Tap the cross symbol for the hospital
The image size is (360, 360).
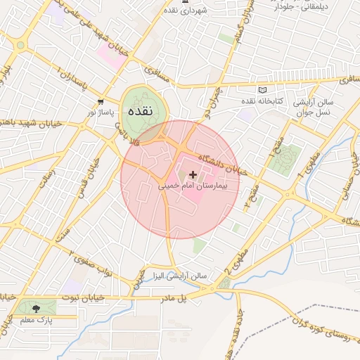coord(193,174)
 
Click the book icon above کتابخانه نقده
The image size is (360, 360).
coord(263,91)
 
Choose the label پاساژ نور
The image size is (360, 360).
coord(100,112)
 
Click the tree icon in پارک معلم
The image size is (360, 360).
coord(35,307)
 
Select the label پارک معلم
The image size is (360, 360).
coord(36,320)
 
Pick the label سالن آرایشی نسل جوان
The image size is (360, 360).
coord(323,107)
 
